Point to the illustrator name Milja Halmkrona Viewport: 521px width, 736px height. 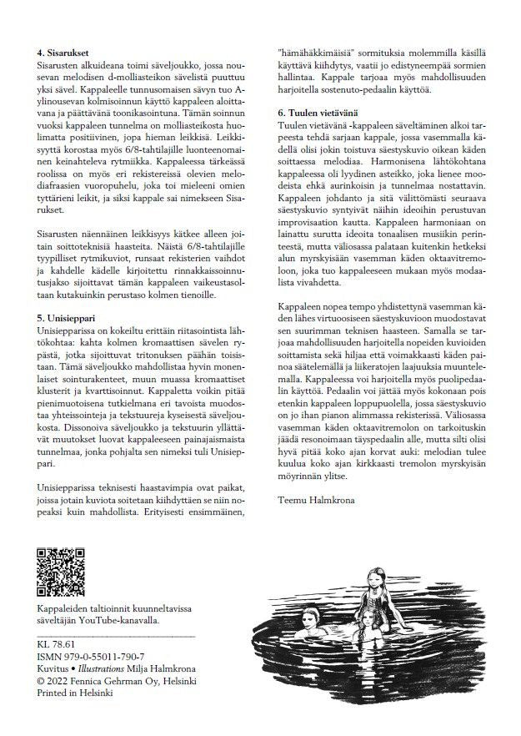[x=174, y=669]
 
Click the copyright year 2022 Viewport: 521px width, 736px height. [x=63, y=681]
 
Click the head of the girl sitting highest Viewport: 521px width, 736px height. [x=376, y=576]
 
